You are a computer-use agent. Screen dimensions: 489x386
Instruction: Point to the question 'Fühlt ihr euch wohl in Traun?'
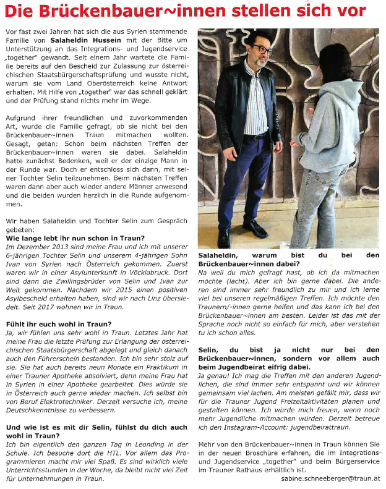(58, 324)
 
